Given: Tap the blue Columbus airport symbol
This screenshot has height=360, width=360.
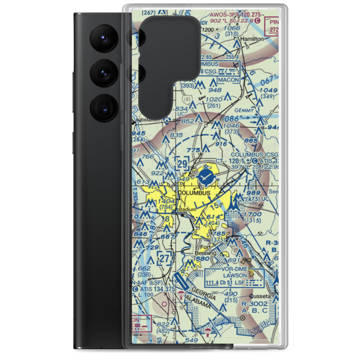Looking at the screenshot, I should [x=206, y=176].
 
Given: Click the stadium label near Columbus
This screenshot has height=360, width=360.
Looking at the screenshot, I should [x=187, y=209].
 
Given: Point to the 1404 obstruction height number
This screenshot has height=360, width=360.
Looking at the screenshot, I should [x=166, y=201].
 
